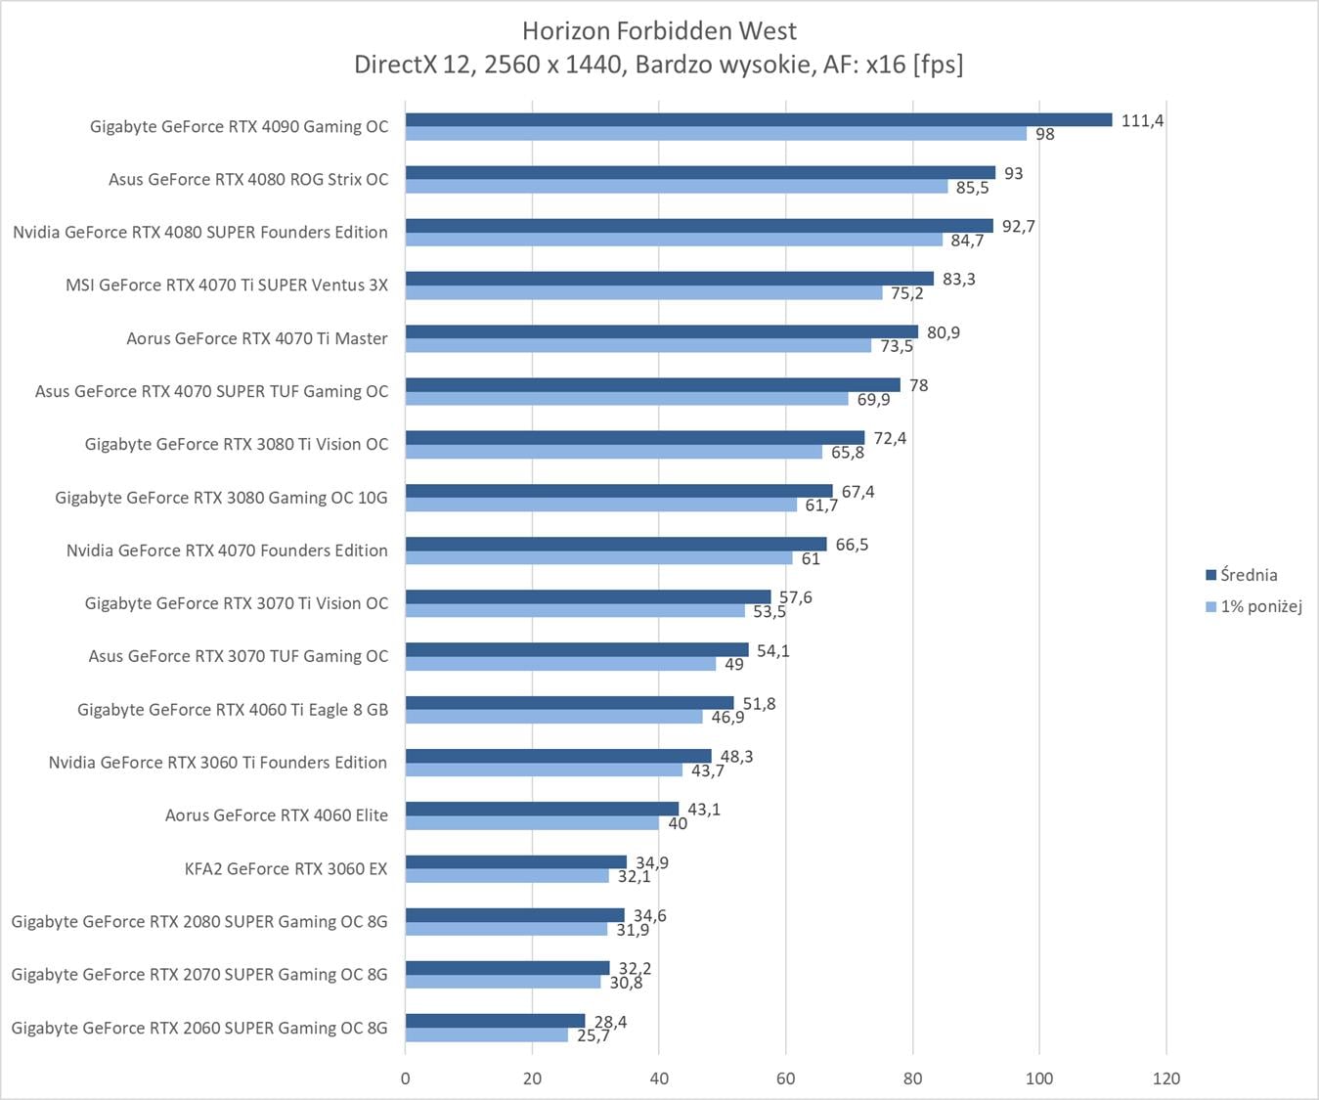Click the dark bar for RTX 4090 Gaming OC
tap(758, 120)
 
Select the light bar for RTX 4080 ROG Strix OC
tap(677, 187)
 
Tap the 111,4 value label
tap(1142, 121)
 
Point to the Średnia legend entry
tap(1248, 575)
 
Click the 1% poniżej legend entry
tap(1260, 606)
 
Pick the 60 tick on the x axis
tap(786, 1078)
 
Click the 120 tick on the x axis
tap(1166, 1078)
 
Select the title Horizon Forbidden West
tap(659, 31)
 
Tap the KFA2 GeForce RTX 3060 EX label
tap(286, 868)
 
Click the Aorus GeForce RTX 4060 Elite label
tap(276, 815)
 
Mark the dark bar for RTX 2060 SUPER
tap(495, 1021)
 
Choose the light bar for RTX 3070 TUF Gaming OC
tap(560, 664)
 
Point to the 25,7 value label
tap(594, 1035)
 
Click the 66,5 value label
tap(852, 545)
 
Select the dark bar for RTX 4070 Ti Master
tap(661, 332)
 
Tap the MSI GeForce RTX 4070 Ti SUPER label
tap(226, 286)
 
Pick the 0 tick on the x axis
tap(406, 1078)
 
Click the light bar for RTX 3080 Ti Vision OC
tap(613, 452)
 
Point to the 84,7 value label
tap(967, 241)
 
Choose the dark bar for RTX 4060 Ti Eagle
tap(569, 703)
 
